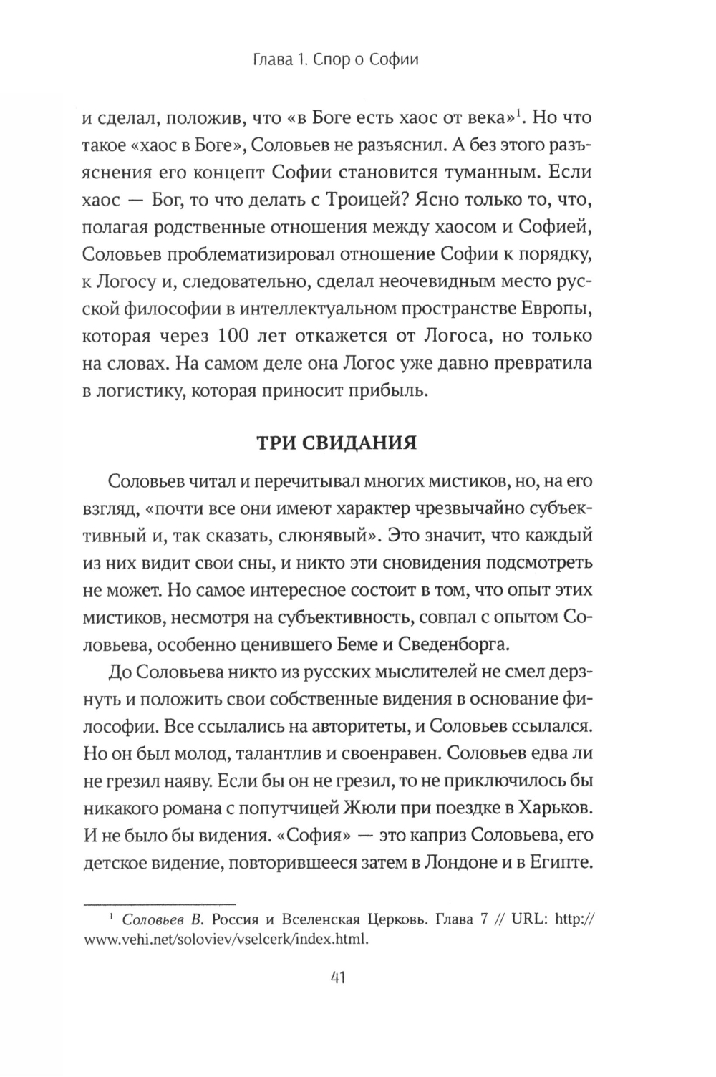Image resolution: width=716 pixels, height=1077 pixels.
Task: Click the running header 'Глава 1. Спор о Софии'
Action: [336, 59]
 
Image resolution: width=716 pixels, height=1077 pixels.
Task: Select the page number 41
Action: [336, 977]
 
